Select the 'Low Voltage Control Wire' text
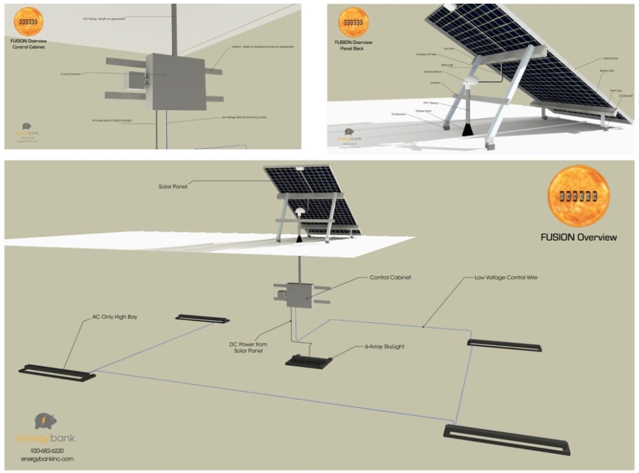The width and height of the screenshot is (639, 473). pyautogui.click(x=506, y=278)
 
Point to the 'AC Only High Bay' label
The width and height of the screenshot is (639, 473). pyautogui.click(x=115, y=317)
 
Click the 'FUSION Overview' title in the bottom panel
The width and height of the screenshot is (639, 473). pyautogui.click(x=578, y=237)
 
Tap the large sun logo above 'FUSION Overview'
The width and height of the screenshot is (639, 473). pyautogui.click(x=578, y=196)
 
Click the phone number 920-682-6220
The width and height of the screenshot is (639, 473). pyautogui.click(x=47, y=451)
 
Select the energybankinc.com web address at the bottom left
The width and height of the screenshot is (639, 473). pyautogui.click(x=47, y=459)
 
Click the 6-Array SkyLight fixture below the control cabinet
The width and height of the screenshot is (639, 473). pyautogui.click(x=309, y=362)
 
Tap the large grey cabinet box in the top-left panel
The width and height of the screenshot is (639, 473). pyautogui.click(x=175, y=82)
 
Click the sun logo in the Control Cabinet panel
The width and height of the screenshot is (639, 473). pyautogui.click(x=28, y=22)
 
